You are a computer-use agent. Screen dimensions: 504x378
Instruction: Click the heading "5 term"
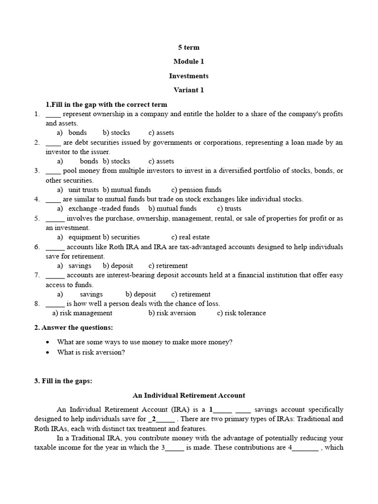tap(189, 47)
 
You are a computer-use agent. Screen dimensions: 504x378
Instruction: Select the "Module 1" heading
tap(189, 62)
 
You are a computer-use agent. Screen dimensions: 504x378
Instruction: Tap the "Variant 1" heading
tap(189, 90)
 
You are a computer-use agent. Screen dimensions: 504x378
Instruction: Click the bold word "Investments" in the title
tap(189, 76)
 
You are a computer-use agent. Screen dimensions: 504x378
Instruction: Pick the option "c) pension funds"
tap(196, 189)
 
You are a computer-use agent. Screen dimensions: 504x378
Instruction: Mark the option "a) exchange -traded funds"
tap(98, 209)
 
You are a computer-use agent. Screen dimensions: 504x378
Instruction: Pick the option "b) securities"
tap(121, 237)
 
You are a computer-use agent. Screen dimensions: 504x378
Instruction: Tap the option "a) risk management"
tap(82, 313)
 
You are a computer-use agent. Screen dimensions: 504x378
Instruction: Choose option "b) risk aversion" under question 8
tap(172, 313)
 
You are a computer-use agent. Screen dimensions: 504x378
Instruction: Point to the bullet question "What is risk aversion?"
tap(91, 352)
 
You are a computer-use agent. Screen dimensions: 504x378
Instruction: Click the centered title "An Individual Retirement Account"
tap(189, 395)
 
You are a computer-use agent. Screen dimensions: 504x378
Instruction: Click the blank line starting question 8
tap(55, 304)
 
